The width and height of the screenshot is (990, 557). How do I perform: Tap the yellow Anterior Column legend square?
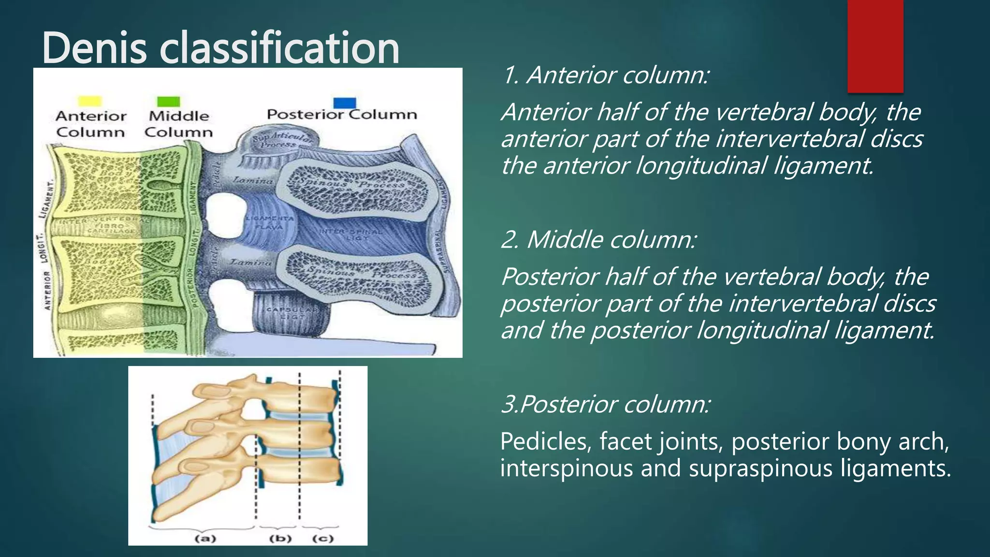[x=90, y=101]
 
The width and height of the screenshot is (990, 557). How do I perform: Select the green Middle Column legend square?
[x=168, y=101]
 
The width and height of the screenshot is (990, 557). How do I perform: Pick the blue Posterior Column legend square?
[x=345, y=103]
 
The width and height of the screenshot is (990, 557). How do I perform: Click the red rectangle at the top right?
[x=875, y=46]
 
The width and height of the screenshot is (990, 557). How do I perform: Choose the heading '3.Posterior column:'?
[x=606, y=404]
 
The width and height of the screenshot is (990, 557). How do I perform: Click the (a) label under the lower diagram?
[x=205, y=538]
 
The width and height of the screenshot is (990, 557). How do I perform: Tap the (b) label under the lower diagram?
[x=280, y=538]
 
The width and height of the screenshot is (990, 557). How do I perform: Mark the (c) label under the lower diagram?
[x=323, y=538]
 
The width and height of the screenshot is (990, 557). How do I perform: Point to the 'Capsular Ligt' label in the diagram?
[x=292, y=312]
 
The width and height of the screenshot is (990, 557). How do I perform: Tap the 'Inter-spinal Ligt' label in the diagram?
[x=350, y=235]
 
